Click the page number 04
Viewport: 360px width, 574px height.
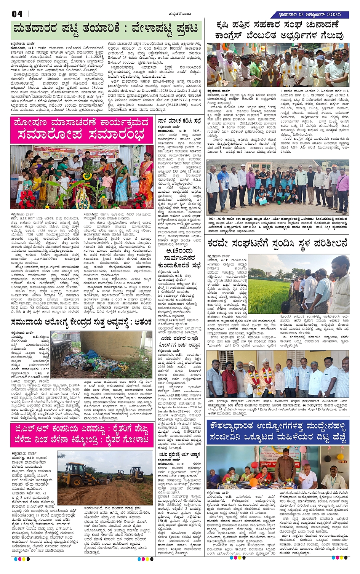pos(17,14)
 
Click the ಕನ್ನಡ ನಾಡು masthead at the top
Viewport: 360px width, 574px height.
pos(179,14)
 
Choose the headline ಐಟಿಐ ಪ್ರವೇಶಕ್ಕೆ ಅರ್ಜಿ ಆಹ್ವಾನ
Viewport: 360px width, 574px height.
pos(179,454)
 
